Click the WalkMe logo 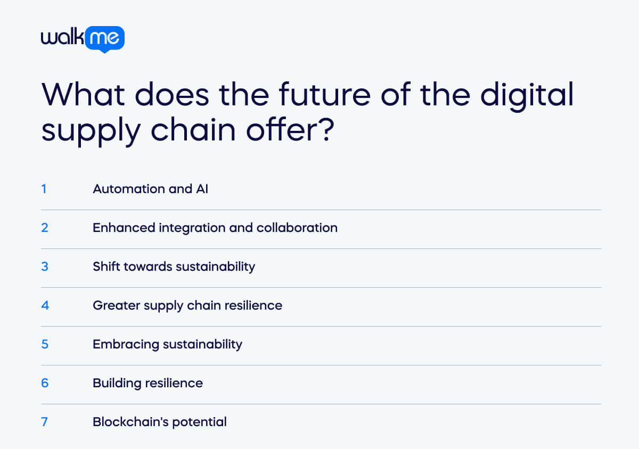coord(83,39)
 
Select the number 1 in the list coord(44,188)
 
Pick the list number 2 coord(45,227)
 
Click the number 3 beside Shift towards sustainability coord(45,266)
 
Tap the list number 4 coord(45,305)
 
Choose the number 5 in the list coord(45,344)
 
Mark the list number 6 coord(45,383)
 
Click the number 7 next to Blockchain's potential coord(45,421)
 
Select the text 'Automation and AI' coord(150,188)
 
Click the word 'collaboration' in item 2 coord(297,227)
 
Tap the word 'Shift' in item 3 coord(106,266)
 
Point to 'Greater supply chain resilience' coord(187,305)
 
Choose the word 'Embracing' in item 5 coord(126,344)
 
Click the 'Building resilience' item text coord(148,383)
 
